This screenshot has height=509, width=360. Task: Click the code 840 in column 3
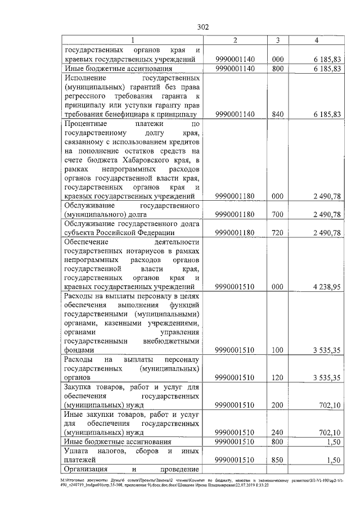(276, 114)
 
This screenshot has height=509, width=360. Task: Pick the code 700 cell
(276, 215)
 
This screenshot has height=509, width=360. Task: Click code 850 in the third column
(276, 460)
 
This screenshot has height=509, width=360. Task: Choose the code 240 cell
(276, 433)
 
